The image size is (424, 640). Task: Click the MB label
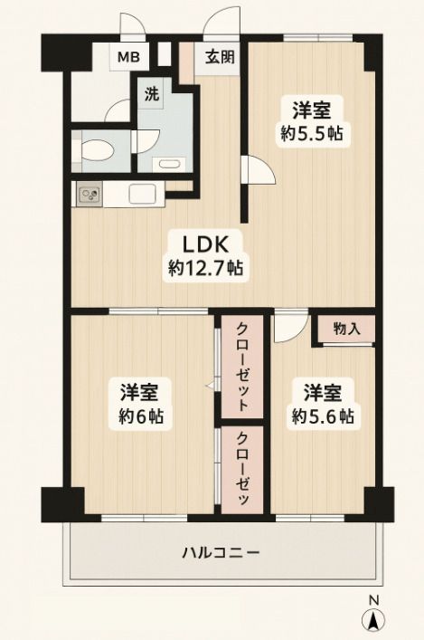pos(126,58)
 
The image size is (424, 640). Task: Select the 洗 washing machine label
pos(148,91)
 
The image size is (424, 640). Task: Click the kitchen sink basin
pos(144,193)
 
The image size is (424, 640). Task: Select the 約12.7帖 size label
pos(209,269)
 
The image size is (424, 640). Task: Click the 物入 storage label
pos(345,329)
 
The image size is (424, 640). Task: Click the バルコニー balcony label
pos(221,552)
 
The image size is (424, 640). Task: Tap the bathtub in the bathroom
pos(168,164)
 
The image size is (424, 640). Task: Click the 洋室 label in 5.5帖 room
pos(310,110)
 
